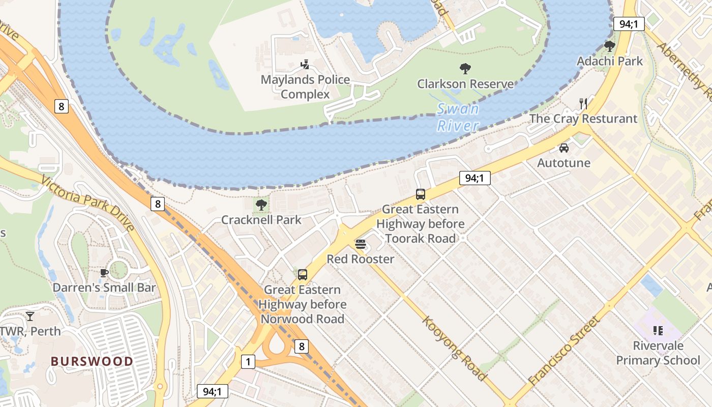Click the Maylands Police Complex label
tap(305, 87)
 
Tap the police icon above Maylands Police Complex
tap(305, 65)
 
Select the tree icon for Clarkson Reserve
tap(465, 69)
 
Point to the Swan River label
tap(458, 117)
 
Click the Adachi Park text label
tap(609, 61)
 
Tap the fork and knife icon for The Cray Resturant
tap(583, 104)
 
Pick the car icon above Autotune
tap(564, 148)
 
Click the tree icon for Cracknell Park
tap(261, 205)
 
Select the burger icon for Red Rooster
tap(361, 244)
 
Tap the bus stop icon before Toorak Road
tap(421, 194)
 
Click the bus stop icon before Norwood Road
tap(303, 275)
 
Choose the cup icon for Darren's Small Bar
tap(104, 273)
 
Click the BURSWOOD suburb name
tap(92, 361)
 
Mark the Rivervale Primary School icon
tap(658, 331)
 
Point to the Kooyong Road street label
tap(454, 348)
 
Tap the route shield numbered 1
tap(248, 362)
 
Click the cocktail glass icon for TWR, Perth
tap(30, 316)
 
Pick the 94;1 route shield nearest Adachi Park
tap(629, 24)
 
